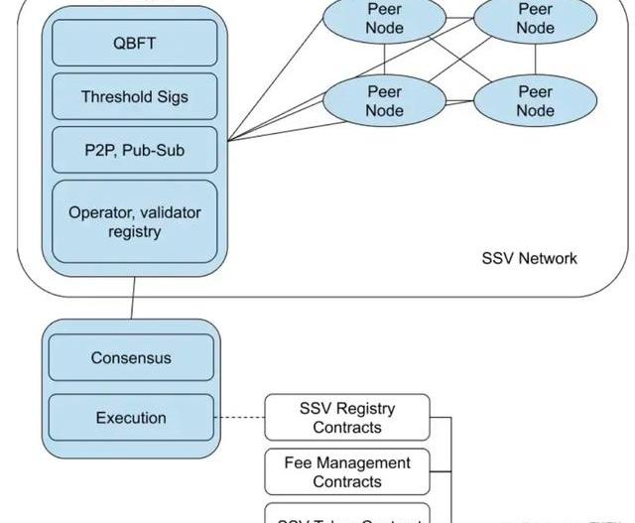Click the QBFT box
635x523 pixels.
tap(134, 44)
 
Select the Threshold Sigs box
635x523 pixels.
tap(134, 97)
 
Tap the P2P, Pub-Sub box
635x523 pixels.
tap(134, 151)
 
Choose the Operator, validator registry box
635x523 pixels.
tap(134, 221)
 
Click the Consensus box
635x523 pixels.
tap(131, 358)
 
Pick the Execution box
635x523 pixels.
tap(131, 418)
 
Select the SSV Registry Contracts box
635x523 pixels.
tap(347, 418)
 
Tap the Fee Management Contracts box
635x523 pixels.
tap(347, 471)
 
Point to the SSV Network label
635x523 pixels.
tap(529, 258)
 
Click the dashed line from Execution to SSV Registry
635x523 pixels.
tap(239, 418)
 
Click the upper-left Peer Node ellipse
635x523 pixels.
tap(385, 19)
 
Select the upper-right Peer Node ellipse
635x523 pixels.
tap(535, 19)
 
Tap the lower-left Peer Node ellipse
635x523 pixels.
tap(385, 100)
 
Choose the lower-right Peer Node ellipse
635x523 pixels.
tap(535, 100)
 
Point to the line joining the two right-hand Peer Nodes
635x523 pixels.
tap(536, 59)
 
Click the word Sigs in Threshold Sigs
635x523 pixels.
tap(170, 97)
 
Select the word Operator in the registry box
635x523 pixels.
tap(101, 212)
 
